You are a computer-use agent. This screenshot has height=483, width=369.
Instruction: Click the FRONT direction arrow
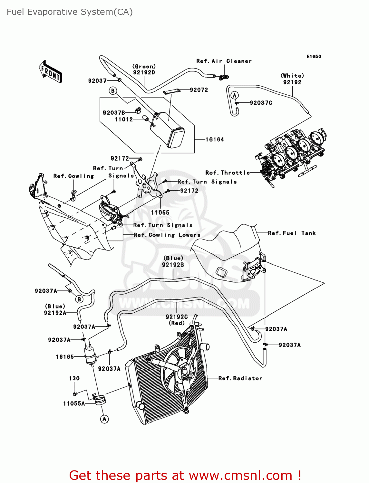(x=50, y=72)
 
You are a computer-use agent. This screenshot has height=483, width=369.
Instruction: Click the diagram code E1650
(x=314, y=57)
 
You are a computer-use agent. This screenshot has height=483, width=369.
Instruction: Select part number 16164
(x=215, y=139)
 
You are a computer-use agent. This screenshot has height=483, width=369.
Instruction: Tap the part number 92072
(x=199, y=90)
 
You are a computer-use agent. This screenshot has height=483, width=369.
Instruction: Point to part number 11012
(x=124, y=119)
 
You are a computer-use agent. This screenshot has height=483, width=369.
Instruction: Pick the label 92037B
(x=114, y=113)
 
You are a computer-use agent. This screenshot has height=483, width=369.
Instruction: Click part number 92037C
(x=261, y=103)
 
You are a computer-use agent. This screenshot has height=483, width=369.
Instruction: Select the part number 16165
(x=65, y=357)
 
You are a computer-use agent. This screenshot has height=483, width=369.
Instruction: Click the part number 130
(x=74, y=378)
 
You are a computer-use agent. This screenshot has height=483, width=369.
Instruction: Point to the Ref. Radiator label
(x=240, y=378)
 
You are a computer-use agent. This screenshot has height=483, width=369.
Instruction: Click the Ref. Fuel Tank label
(x=292, y=233)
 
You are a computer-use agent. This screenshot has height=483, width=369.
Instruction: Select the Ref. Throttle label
(x=228, y=173)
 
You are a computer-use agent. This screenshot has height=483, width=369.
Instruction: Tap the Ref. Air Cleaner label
(x=224, y=61)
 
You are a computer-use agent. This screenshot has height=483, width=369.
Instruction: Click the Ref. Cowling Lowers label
(x=167, y=235)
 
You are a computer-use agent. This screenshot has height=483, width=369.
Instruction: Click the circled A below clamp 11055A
(x=104, y=419)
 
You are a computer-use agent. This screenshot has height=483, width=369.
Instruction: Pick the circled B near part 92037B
(x=113, y=91)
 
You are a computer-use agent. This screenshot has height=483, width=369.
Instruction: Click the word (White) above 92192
(x=292, y=76)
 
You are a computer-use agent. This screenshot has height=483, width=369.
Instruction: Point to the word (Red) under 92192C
(x=177, y=323)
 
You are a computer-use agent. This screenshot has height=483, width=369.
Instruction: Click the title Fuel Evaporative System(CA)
(x=70, y=12)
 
